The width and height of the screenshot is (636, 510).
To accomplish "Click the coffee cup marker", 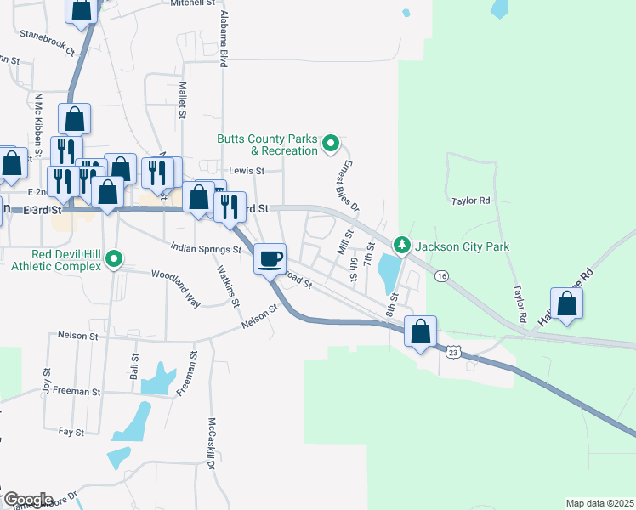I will (270, 258).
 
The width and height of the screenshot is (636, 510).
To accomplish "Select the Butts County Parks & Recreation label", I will (267, 144).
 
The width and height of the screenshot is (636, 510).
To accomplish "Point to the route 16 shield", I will (440, 276).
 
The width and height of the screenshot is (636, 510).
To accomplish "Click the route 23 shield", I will (454, 351).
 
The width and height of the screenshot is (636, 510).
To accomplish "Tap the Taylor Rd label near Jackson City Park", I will (472, 201).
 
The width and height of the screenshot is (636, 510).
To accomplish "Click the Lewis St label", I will (248, 171).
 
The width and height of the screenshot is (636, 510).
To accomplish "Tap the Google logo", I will (27, 499).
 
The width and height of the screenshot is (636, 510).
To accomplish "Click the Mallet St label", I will (182, 95).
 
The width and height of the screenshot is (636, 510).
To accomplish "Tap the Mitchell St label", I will (193, 3).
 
